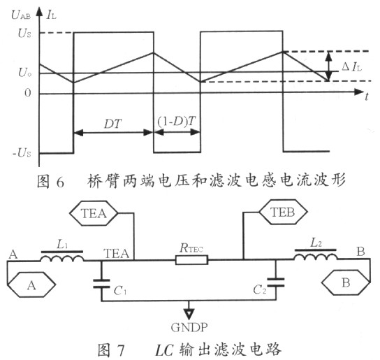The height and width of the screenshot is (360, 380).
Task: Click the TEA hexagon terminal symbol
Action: pyautogui.click(x=94, y=213)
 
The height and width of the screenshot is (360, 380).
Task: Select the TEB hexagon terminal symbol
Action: pyautogui.click(x=283, y=212)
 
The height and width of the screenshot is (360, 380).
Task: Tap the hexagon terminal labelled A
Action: pyautogui.click(x=31, y=285)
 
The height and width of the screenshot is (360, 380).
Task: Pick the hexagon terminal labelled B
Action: pyautogui.click(x=346, y=282)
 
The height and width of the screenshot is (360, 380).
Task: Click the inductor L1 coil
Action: pyautogui.click(x=62, y=259)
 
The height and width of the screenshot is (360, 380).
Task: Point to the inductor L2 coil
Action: pyautogui.click(x=316, y=257)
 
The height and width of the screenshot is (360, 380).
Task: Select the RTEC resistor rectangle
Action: pyautogui.click(x=191, y=260)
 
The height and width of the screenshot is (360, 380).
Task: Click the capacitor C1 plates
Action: pyautogui.click(x=101, y=284)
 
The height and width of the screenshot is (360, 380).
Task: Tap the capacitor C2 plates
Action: pyautogui.click(x=275, y=282)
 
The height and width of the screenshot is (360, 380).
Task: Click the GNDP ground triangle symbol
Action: pyautogui.click(x=189, y=313)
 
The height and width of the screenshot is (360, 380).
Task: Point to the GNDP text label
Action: pyautogui.click(x=189, y=327)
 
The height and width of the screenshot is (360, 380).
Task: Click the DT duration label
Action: pyautogui.click(x=112, y=124)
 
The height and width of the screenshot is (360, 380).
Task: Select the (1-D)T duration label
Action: pyautogui.click(x=177, y=122)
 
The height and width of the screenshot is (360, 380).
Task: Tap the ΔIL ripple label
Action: pyautogui.click(x=351, y=66)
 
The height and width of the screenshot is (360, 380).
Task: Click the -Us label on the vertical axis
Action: pyautogui.click(x=22, y=153)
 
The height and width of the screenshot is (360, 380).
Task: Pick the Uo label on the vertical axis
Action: pyautogui.click(x=24, y=72)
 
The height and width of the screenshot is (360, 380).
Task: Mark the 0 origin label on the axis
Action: pyautogui.click(x=28, y=93)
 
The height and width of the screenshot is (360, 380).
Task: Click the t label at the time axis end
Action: pyautogui.click(x=367, y=96)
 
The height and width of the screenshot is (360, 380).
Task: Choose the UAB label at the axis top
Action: pyautogui.click(x=21, y=15)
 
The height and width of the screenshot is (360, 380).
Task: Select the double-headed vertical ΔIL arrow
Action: pyautogui.click(x=328, y=66)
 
